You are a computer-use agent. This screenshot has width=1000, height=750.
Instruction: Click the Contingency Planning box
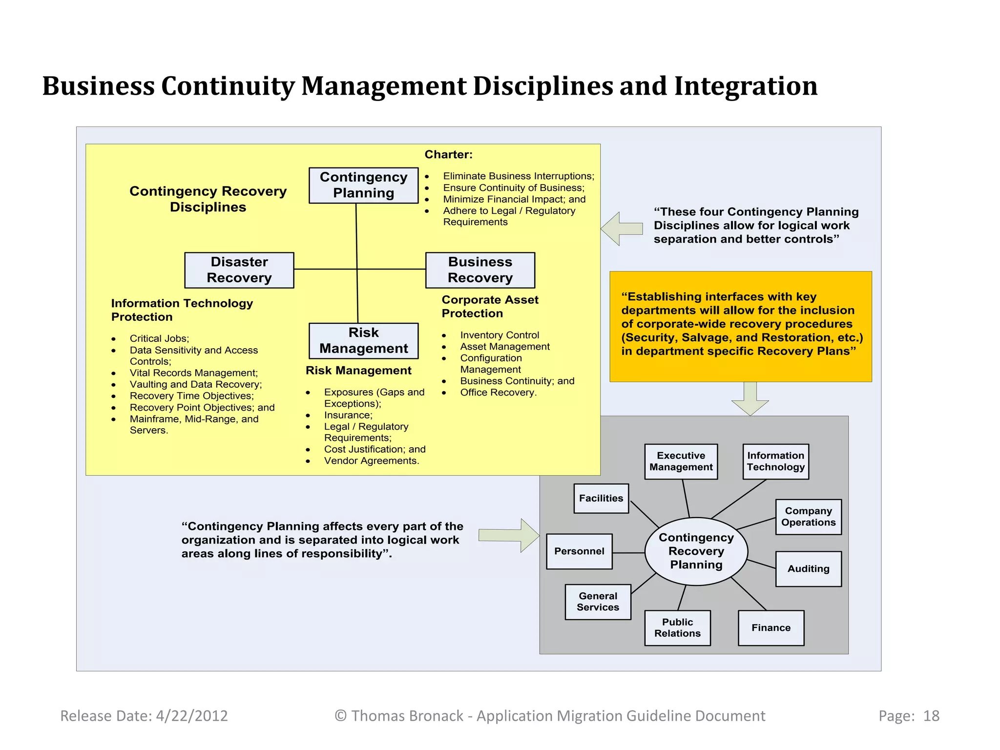363,185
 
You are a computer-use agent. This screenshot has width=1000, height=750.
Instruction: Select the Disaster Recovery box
239,270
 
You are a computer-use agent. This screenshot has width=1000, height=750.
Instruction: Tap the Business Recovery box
480,270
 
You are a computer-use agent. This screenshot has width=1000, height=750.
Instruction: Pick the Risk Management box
363,341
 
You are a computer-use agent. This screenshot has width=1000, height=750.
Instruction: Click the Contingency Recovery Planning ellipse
696,551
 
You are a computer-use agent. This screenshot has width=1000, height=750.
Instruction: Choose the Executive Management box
681,461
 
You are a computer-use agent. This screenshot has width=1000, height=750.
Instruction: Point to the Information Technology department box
775,461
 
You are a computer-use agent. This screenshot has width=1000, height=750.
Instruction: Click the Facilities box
601,499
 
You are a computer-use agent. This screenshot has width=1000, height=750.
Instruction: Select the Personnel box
579,551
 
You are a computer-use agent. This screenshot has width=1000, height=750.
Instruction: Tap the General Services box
598,602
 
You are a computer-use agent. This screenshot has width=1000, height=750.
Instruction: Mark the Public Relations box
677,628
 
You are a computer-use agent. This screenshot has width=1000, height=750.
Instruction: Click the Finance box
771,628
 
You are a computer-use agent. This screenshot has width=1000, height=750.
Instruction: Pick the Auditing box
808,569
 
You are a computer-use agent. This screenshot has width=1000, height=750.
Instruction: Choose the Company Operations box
808,517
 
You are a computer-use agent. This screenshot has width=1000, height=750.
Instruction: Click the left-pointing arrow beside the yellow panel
621,229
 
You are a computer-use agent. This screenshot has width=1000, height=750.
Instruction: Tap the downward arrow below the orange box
750,398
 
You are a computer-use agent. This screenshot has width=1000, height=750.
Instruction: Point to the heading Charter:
448,155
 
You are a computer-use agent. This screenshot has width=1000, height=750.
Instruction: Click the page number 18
931,716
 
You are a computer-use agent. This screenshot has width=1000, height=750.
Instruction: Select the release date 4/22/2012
192,716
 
